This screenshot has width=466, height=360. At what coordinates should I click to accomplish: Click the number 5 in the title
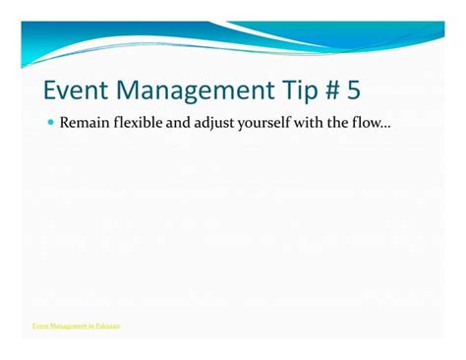[x=352, y=91]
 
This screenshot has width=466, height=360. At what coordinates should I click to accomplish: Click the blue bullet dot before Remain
[x=50, y=124]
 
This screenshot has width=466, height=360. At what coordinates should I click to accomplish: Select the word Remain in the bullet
[x=82, y=124]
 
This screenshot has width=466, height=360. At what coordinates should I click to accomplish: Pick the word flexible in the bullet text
[x=137, y=124]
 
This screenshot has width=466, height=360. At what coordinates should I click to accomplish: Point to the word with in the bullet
[x=322, y=124]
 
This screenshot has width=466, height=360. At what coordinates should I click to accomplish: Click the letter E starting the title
[x=51, y=91]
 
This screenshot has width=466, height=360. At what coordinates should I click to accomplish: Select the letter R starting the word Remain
[x=64, y=124]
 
